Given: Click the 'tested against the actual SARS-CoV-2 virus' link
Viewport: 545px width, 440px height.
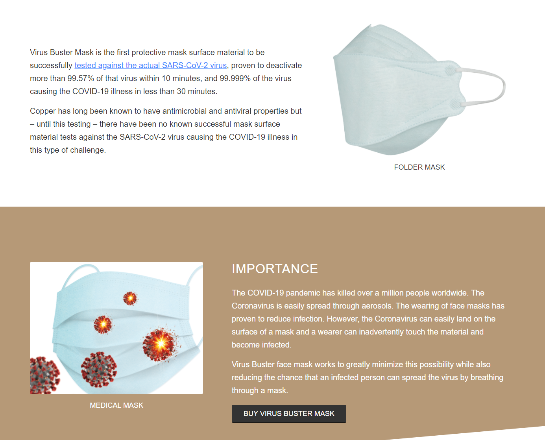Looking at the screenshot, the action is [x=150, y=65].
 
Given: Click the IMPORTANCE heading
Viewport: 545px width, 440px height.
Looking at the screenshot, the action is [x=275, y=269].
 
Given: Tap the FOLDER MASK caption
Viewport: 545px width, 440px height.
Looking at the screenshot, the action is [x=419, y=167].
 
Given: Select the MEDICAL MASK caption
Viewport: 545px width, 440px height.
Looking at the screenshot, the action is [x=116, y=405].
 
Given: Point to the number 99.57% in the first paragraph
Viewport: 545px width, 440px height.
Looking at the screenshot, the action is [x=81, y=78].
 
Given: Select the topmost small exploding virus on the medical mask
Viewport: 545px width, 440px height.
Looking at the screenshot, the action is [x=130, y=298].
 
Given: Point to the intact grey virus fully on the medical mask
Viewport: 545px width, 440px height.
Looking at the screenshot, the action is [x=99, y=369].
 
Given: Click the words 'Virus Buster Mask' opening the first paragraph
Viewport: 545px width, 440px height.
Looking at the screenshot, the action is [x=62, y=52].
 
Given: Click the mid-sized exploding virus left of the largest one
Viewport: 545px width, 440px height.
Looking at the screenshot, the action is [x=103, y=324].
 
